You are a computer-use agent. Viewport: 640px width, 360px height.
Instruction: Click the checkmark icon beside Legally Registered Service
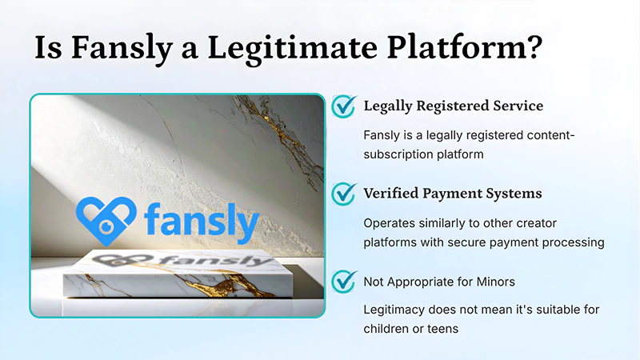(x=344, y=106)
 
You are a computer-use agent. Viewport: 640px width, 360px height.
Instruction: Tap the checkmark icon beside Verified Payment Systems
(x=344, y=193)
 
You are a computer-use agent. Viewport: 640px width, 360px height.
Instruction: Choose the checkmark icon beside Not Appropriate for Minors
(x=344, y=280)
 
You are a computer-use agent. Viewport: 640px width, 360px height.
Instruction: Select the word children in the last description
(x=386, y=328)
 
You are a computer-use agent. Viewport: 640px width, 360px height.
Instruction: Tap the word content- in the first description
(x=550, y=135)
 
